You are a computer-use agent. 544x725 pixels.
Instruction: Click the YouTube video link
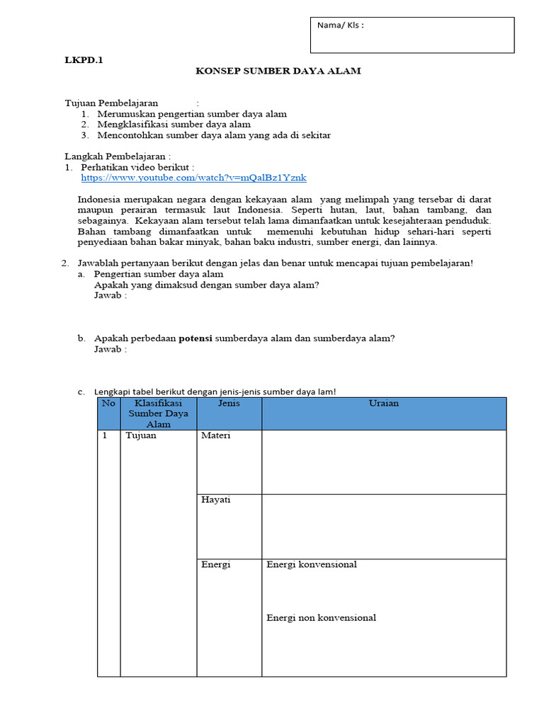pos(193,178)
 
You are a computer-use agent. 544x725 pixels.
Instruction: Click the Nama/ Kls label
pos(341,25)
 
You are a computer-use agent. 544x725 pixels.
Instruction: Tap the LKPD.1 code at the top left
pos(84,60)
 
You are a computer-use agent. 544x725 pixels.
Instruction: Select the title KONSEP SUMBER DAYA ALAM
pos(278,72)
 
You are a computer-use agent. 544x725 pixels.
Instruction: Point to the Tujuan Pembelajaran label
pos(112,103)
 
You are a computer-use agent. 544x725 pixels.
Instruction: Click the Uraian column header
pos(384,403)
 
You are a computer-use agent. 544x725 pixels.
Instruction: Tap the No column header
pos(108,403)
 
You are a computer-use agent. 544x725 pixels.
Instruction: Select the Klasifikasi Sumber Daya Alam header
pos(159,413)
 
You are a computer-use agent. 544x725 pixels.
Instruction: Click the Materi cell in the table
pos(216,435)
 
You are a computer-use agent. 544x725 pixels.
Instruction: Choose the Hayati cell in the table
pos(215,500)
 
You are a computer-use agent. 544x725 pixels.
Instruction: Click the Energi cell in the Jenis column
pos(215,564)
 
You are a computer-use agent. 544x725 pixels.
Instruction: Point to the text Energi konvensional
pos(312,564)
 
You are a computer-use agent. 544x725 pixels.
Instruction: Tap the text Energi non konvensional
pos(321,617)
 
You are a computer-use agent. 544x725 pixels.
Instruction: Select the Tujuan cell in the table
pos(141,435)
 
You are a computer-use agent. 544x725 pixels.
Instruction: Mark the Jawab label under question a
pos(110,295)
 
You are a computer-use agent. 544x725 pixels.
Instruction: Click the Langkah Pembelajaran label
pos(118,156)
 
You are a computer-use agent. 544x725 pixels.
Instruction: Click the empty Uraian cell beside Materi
pos(384,462)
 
